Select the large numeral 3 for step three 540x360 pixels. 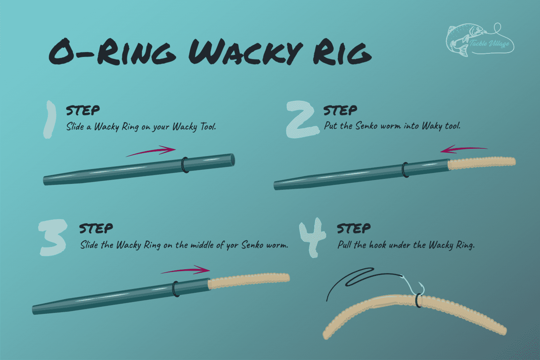coord(52,237)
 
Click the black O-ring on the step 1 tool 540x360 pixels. coord(185,165)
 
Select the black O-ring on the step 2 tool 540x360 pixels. coord(406,170)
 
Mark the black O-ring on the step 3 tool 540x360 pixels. coord(176,289)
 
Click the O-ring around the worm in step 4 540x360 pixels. coord(418,300)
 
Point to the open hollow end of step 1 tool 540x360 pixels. coord(232,160)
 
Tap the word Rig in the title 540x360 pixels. coord(342,51)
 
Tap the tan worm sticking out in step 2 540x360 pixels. coord(482,163)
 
